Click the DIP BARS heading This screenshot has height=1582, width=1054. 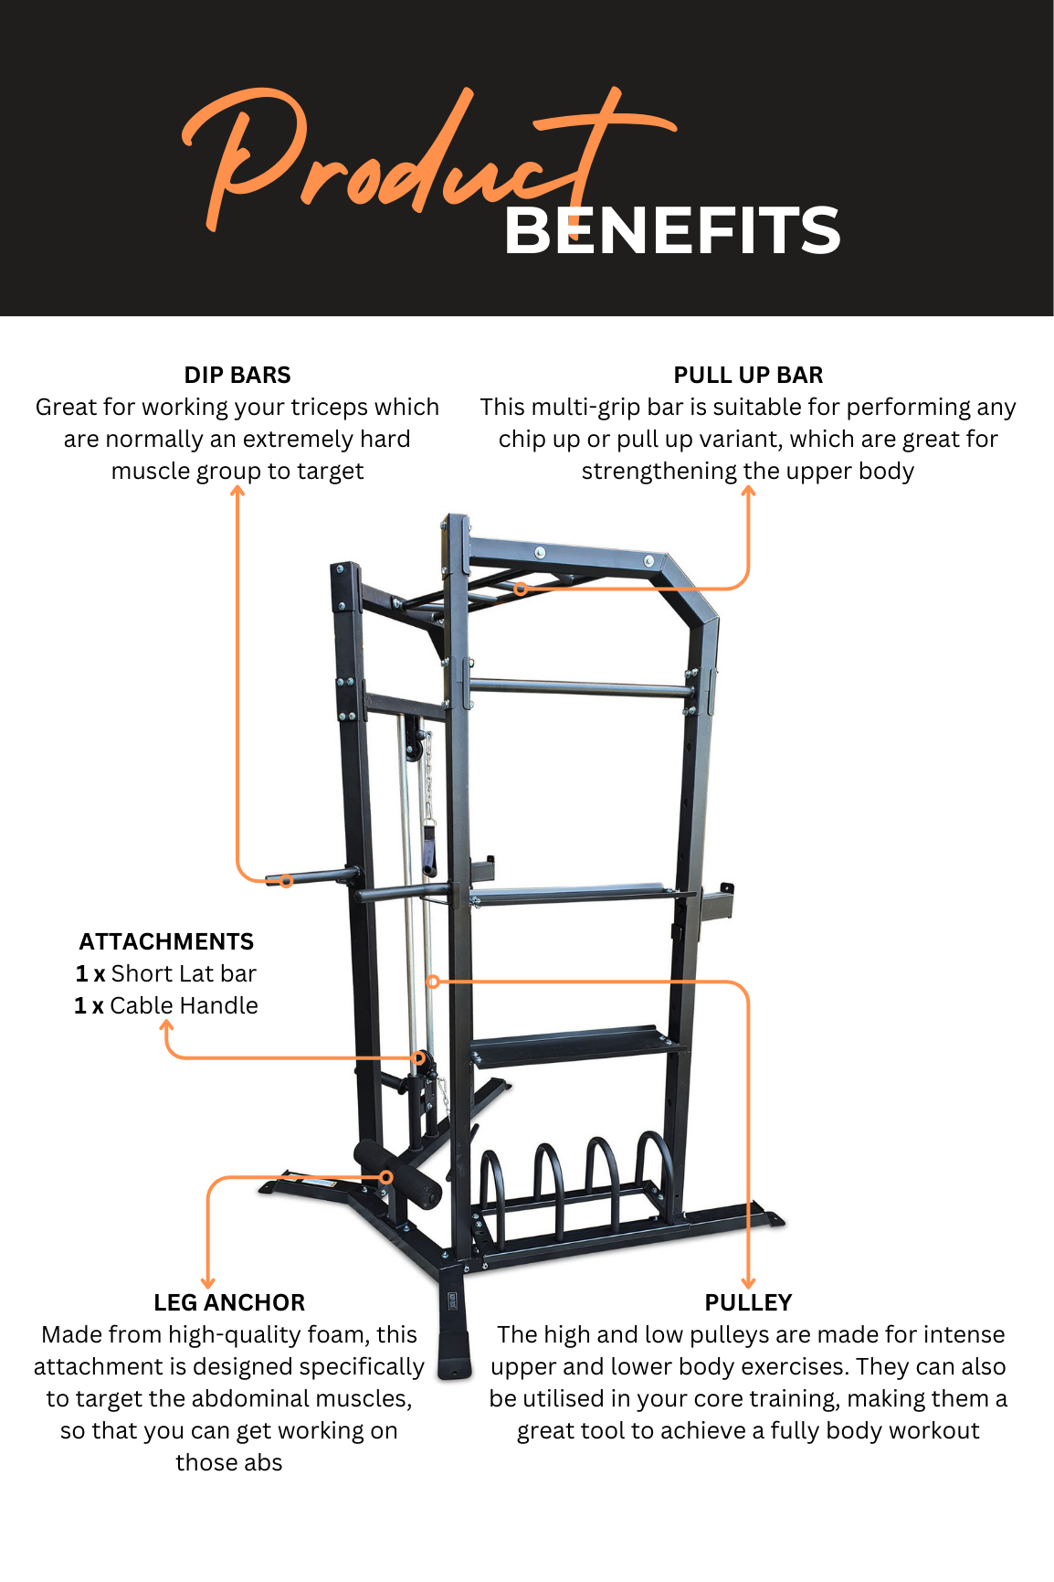click(237, 376)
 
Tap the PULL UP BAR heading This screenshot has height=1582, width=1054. click(748, 376)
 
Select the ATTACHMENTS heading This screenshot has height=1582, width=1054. click(166, 942)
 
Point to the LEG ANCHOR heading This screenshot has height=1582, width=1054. click(229, 1303)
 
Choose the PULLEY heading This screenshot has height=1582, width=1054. click(748, 1303)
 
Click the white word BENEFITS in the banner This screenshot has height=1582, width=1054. click(671, 230)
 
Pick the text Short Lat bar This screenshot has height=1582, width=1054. click(184, 974)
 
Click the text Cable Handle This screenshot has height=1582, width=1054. click(184, 1006)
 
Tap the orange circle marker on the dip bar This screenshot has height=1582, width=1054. click(286, 881)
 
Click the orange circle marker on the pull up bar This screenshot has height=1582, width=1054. click(521, 589)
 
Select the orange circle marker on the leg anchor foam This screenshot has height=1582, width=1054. click(386, 1177)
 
